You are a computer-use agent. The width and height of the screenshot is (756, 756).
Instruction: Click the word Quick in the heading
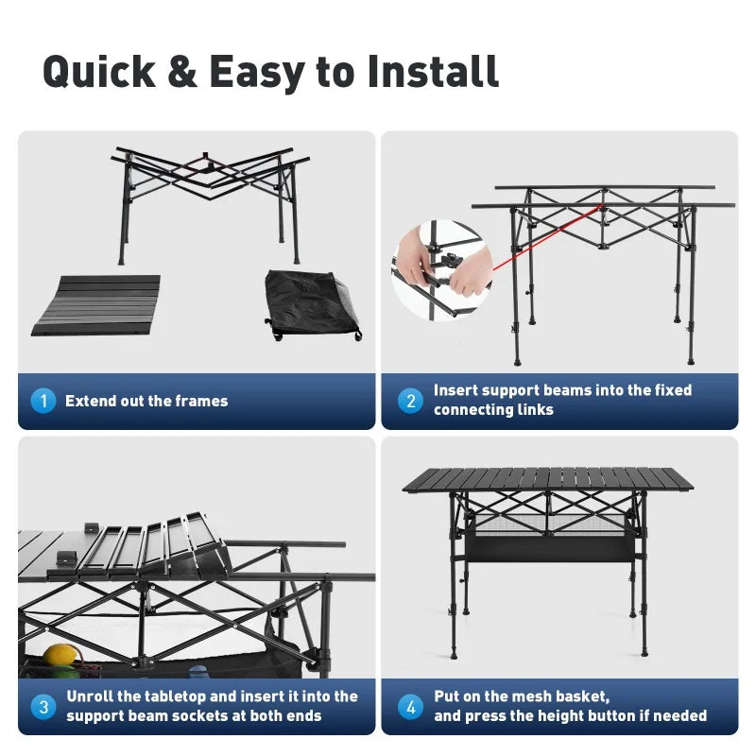(x=99, y=72)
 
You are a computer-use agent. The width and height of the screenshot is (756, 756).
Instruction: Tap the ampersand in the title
(x=182, y=72)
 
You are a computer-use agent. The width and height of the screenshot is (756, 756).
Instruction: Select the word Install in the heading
(x=432, y=71)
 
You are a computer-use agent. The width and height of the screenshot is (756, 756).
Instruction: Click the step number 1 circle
(x=43, y=401)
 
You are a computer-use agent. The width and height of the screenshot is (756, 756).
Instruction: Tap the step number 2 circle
(x=411, y=401)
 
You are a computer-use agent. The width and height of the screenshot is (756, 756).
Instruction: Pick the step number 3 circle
(x=43, y=707)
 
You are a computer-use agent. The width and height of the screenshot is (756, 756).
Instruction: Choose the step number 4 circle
(x=411, y=707)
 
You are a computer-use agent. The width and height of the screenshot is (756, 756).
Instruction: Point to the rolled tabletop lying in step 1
(x=96, y=305)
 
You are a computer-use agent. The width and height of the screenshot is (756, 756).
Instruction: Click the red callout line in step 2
(x=547, y=237)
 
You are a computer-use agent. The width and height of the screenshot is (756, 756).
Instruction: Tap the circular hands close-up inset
(x=442, y=269)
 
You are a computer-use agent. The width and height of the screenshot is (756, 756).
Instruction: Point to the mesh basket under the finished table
(x=548, y=539)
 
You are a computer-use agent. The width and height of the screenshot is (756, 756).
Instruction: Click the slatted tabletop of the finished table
(x=548, y=479)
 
